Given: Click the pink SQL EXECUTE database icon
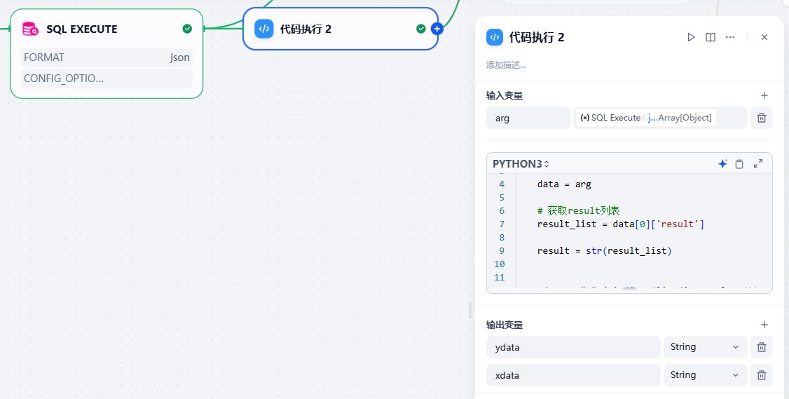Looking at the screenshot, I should [30, 29].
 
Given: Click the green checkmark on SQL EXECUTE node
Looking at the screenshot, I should [187, 29].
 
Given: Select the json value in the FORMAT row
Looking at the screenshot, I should [179, 58].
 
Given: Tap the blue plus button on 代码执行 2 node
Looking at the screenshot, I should [437, 29].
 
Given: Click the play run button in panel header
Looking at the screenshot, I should [692, 37].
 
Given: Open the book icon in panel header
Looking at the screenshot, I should [711, 37].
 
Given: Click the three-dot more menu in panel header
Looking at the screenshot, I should [730, 37].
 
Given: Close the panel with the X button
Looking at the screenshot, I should [764, 37].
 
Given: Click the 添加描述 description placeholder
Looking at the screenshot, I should [506, 65].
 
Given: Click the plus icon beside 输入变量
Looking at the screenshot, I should [764, 95].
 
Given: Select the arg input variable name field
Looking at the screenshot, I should [528, 118].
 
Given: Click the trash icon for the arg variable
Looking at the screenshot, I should [762, 118].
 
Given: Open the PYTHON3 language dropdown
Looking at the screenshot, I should [521, 164].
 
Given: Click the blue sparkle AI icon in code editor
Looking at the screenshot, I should [722, 164].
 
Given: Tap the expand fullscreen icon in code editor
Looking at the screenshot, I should [758, 164].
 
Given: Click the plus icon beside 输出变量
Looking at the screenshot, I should [764, 325].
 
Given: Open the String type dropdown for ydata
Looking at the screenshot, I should [704, 347].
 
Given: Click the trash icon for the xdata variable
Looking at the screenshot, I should [762, 375].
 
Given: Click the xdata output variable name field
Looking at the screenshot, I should [573, 375].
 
